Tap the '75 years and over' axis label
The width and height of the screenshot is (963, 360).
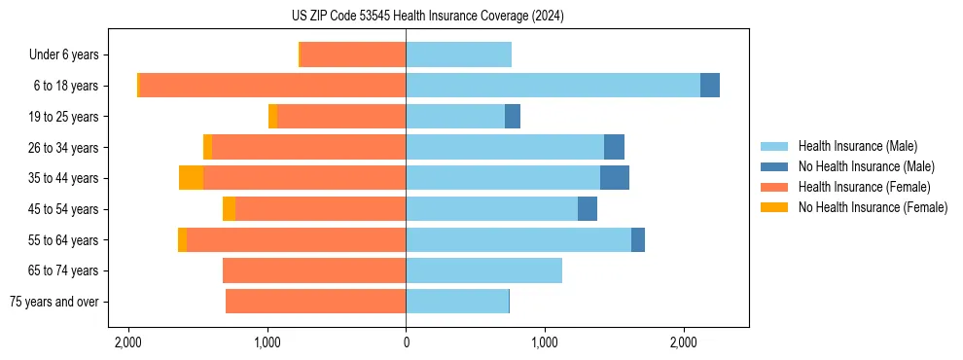[x=54, y=302]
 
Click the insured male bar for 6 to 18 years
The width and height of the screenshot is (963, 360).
[x=553, y=86]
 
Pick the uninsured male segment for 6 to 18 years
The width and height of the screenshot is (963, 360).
[x=710, y=86]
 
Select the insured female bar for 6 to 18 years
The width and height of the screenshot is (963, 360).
[x=272, y=86]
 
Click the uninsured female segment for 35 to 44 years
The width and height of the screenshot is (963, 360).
[x=191, y=178]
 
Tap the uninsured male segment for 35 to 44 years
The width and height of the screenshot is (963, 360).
[x=615, y=178]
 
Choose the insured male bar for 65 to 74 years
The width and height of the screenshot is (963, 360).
[x=483, y=270]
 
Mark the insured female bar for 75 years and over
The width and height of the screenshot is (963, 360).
[x=315, y=302]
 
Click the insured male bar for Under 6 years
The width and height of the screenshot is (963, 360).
[x=458, y=55]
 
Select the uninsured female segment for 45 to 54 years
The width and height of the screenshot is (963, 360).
[x=229, y=209]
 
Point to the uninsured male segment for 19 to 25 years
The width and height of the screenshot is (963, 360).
[x=513, y=117]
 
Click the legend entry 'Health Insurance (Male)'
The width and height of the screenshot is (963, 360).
[x=857, y=146]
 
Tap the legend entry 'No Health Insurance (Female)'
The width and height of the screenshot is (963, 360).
[x=873, y=207]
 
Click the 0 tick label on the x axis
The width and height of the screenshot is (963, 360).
[x=406, y=342]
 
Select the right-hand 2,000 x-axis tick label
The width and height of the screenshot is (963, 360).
[x=683, y=342]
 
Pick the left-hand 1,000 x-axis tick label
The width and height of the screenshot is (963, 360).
[x=267, y=342]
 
